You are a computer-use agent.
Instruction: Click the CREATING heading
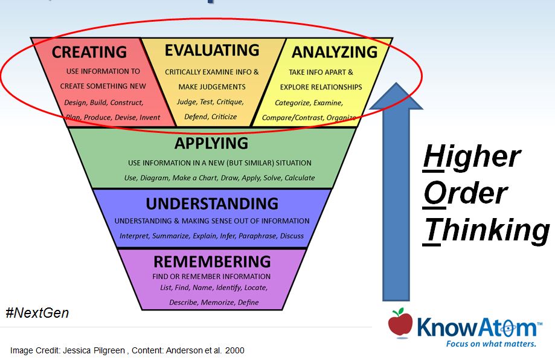point(89,53)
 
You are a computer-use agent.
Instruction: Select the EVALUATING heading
point(212,50)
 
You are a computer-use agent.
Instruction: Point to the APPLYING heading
point(211,143)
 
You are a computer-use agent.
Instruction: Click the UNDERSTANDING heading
point(212,202)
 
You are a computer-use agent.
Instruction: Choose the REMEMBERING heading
point(212,262)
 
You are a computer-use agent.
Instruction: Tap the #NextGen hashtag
point(37,313)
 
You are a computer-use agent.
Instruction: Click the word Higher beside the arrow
point(471,156)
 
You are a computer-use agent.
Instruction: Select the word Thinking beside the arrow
point(486,230)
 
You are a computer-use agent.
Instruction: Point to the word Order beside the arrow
point(465,193)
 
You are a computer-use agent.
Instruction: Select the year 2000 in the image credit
point(234,350)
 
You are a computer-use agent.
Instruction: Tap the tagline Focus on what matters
point(490,344)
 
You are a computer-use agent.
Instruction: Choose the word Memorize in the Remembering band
point(216,302)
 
